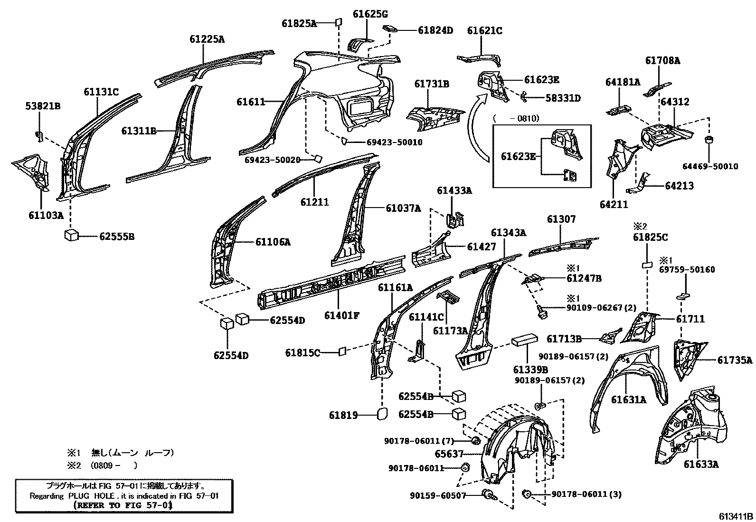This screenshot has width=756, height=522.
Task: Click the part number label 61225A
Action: pyautogui.click(x=207, y=39)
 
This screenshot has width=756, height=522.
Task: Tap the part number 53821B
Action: pyautogui.click(x=43, y=106)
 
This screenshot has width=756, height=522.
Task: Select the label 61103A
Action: pyautogui.click(x=46, y=215)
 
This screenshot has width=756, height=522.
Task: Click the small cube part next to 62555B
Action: pyautogui.click(x=73, y=235)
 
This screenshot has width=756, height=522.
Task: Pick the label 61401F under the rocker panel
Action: pyautogui.click(x=342, y=314)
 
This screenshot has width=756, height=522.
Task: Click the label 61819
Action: pyautogui.click(x=343, y=416)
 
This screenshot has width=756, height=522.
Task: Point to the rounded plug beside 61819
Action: pyautogui.click(x=382, y=414)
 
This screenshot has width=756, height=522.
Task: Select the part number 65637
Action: pyautogui.click(x=448, y=454)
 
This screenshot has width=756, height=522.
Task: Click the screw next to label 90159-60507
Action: pyautogui.click(x=489, y=495)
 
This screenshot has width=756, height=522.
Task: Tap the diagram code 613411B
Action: pyautogui.click(x=735, y=516)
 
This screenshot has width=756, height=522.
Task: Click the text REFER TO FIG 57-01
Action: pyautogui.click(x=123, y=505)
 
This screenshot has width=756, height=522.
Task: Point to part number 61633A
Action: pyautogui.click(x=701, y=464)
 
